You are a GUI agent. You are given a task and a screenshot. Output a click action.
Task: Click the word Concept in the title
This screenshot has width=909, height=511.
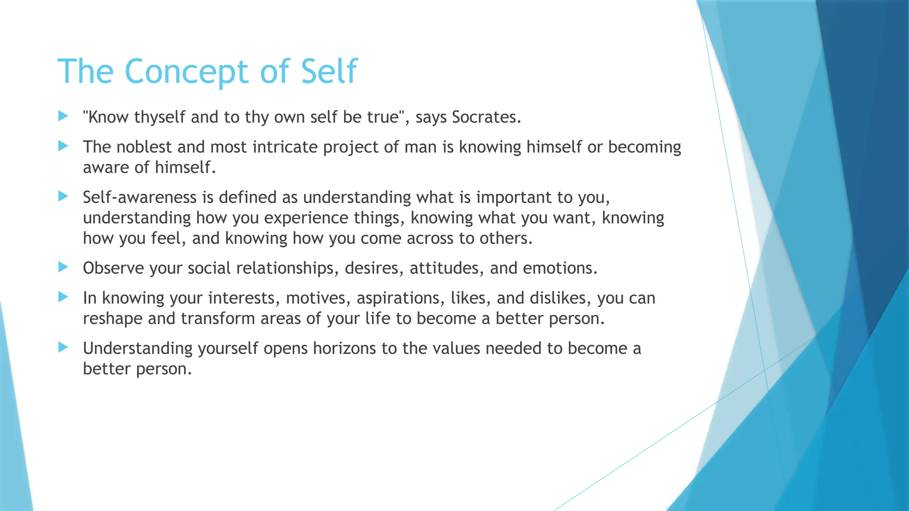pyautogui.click(x=186, y=71)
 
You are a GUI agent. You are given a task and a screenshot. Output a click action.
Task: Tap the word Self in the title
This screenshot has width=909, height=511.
pyautogui.click(x=329, y=71)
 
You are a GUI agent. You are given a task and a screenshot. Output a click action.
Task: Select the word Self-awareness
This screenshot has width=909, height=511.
pyautogui.click(x=139, y=197)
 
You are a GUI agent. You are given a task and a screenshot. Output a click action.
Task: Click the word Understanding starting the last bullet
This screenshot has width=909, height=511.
pyautogui.click(x=138, y=349)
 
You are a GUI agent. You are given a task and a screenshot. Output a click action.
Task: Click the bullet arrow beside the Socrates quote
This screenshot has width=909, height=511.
pyautogui.click(x=63, y=117)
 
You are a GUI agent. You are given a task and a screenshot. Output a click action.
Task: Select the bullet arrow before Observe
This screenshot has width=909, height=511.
pyautogui.click(x=63, y=267)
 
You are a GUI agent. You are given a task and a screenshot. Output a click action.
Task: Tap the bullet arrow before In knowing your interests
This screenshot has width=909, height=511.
pyautogui.click(x=63, y=297)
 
